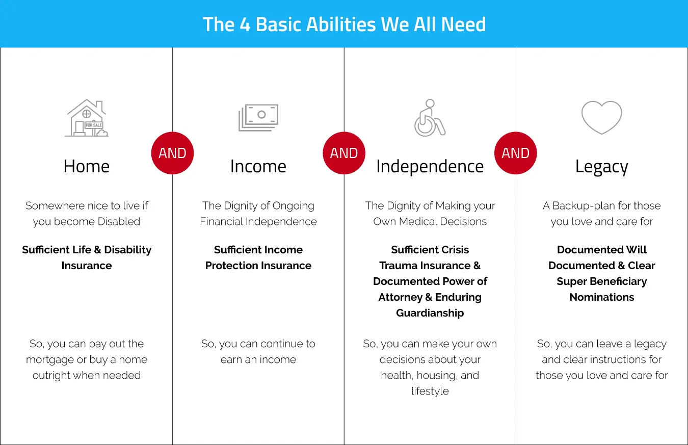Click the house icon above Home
(87, 118)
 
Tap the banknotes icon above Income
(258, 118)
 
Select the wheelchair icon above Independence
(430, 118)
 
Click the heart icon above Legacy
(602, 117)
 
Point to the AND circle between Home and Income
(172, 153)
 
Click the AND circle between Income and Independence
(344, 153)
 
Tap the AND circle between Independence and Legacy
(516, 153)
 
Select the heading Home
(87, 167)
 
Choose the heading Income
(258, 167)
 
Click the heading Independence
(430, 167)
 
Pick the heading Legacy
(602, 167)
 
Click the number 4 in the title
(245, 24)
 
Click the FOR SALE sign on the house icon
(94, 125)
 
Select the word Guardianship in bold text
(430, 313)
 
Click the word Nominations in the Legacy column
(602, 297)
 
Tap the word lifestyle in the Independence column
(430, 391)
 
